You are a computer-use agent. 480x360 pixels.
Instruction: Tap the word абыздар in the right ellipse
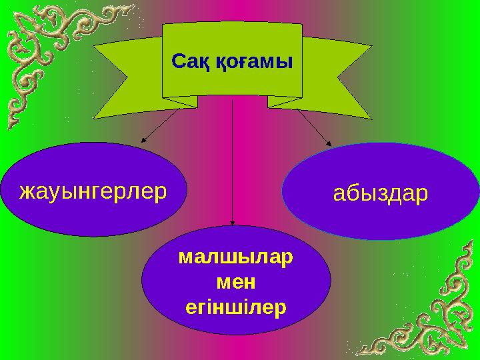381,194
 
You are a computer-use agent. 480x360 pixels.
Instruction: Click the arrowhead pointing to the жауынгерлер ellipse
144,139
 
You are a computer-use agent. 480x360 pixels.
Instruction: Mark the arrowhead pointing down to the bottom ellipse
232,223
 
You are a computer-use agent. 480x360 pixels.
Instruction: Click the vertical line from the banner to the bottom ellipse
232,167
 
